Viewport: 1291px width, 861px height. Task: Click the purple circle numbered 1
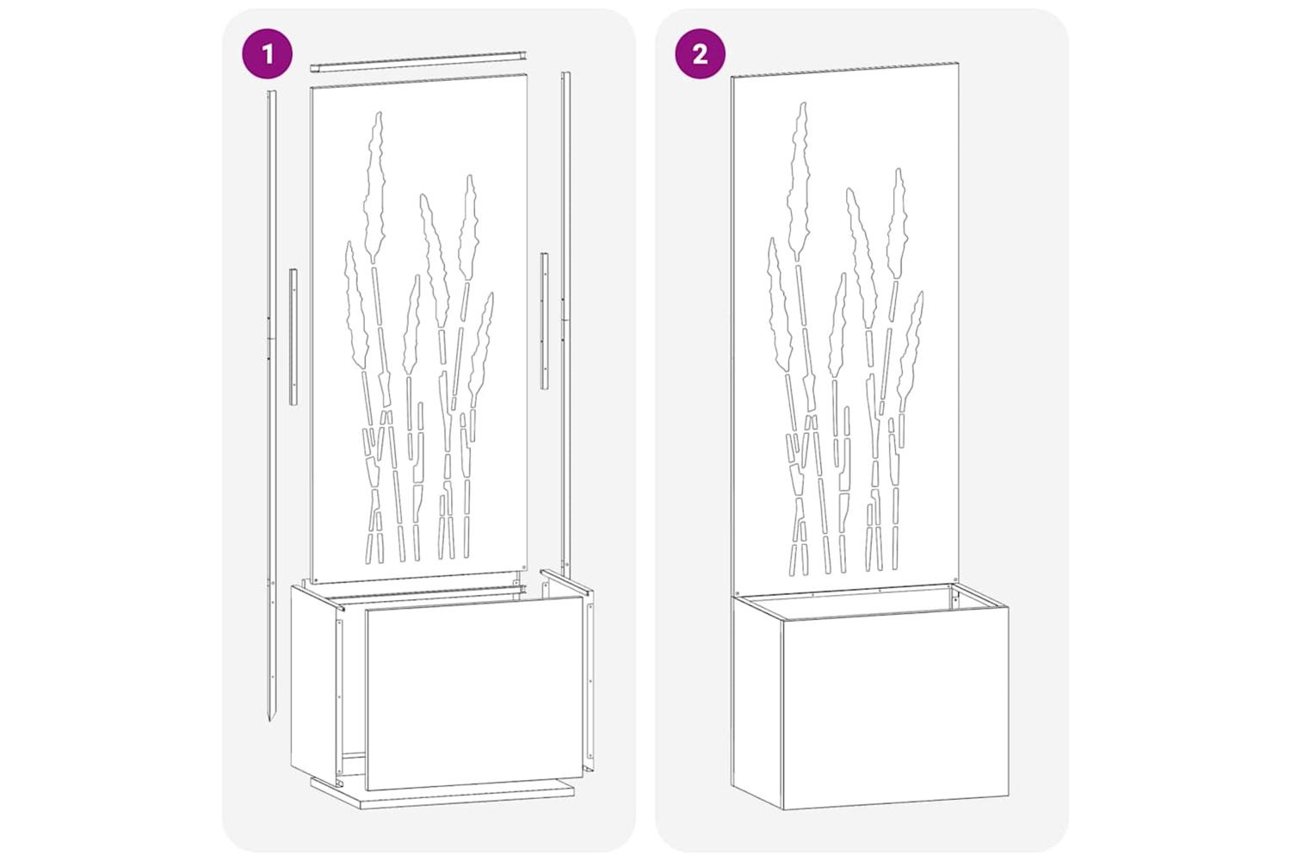(x=267, y=53)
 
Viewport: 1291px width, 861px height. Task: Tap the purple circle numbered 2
(x=701, y=53)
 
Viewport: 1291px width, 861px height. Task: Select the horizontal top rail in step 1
(x=419, y=61)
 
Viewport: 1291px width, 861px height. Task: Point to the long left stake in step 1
(x=271, y=404)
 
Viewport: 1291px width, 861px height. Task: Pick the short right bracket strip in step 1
(x=544, y=320)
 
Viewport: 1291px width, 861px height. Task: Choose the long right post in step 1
(x=566, y=323)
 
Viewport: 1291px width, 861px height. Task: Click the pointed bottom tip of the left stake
(x=269, y=722)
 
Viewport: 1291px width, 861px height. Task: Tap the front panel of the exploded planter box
(x=474, y=693)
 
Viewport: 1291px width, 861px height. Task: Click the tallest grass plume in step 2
(x=800, y=180)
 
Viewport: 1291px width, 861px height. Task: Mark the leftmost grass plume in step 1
(x=355, y=306)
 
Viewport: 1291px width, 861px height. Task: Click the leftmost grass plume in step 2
(x=780, y=305)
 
